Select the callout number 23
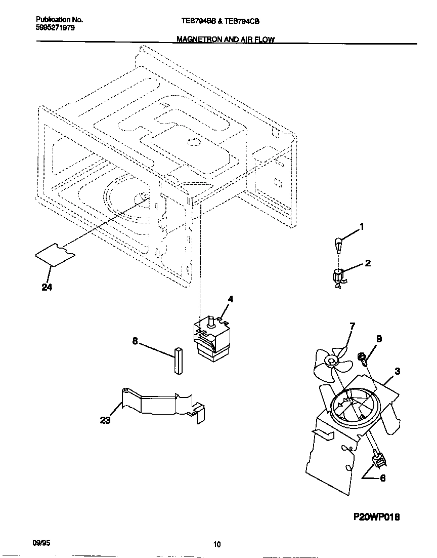pyautogui.click(x=105, y=420)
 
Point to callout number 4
pyautogui.click(x=230, y=299)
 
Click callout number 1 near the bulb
pyautogui.click(x=362, y=226)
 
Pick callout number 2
pyautogui.click(x=368, y=263)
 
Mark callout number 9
pyautogui.click(x=379, y=339)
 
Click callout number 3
pyautogui.click(x=398, y=371)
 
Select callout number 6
pyautogui.click(x=382, y=477)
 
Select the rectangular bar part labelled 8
pyautogui.click(x=179, y=361)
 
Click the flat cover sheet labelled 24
pyautogui.click(x=56, y=255)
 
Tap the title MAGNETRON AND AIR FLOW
pyautogui.click(x=226, y=39)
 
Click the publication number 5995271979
pyautogui.click(x=56, y=28)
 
